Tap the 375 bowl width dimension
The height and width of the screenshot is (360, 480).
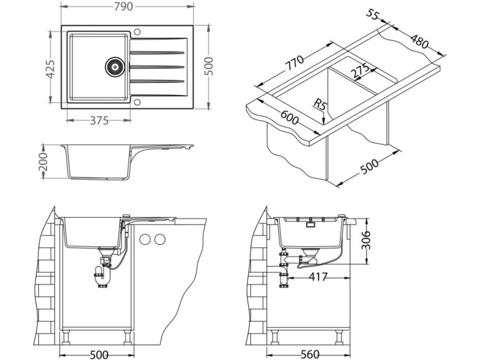[x=99, y=121]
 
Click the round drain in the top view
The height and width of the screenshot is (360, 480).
[x=115, y=66]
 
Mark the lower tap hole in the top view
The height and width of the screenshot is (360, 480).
[x=138, y=103]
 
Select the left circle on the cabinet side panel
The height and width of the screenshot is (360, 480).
[x=147, y=239]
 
